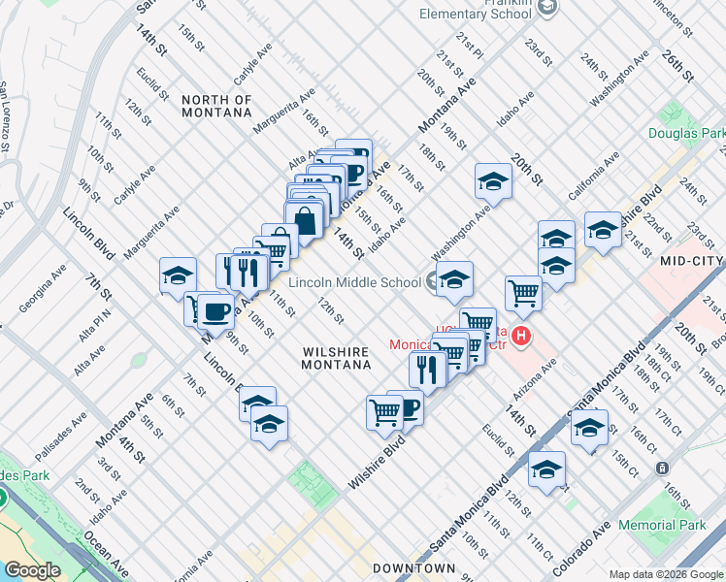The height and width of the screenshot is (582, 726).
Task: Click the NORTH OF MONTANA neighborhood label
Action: (216, 106)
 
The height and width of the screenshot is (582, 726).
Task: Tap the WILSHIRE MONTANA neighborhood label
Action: (337, 358)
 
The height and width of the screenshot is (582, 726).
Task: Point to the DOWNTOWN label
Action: (414, 567)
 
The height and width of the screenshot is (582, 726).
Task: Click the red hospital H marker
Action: (522, 338)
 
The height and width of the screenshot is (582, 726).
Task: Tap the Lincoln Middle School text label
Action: (354, 282)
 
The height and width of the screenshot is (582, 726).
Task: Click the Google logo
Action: (32, 570)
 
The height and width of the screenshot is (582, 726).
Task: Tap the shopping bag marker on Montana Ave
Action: (305, 220)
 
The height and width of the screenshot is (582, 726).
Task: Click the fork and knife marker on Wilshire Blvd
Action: (427, 369)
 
